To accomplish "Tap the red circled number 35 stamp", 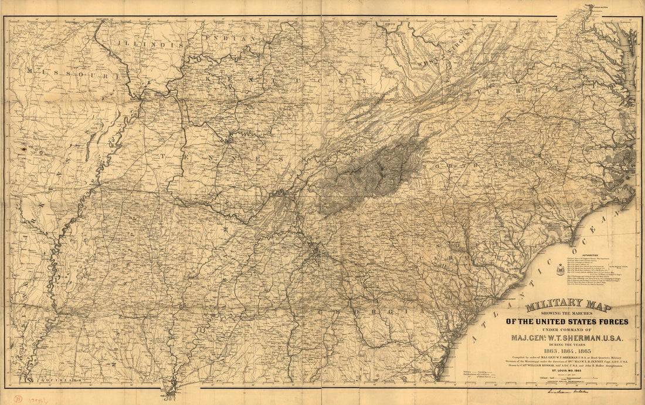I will [x=19, y=398].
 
